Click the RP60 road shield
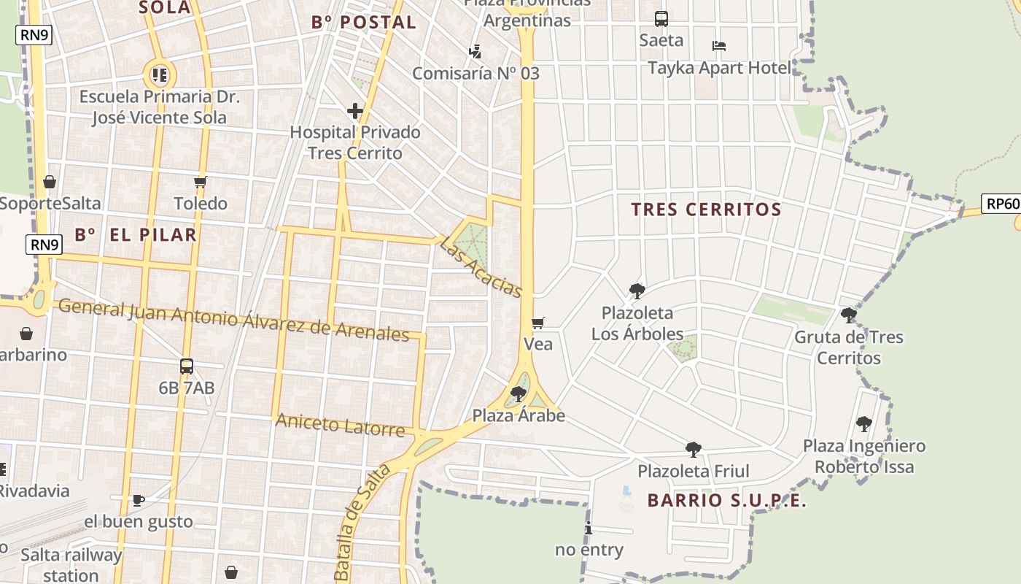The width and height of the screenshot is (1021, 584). pyautogui.click(x=1001, y=204)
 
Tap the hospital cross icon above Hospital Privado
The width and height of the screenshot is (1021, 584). pyautogui.click(x=355, y=111)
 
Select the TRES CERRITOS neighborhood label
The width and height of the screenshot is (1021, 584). pyautogui.click(x=706, y=210)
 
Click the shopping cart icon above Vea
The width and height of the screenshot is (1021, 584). pyautogui.click(x=538, y=323)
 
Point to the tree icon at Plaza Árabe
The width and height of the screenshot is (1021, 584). pyautogui.click(x=519, y=394)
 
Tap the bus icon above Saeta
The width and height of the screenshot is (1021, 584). pyautogui.click(x=661, y=19)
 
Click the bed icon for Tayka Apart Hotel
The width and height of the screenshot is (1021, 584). pyautogui.click(x=719, y=46)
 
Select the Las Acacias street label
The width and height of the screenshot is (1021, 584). pyautogui.click(x=481, y=267)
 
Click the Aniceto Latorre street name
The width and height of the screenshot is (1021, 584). pyautogui.click(x=340, y=425)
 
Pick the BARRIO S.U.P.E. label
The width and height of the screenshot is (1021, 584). pyautogui.click(x=727, y=501)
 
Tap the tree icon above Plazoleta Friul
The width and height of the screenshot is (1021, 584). pyautogui.click(x=694, y=449)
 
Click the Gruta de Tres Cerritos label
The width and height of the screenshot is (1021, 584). pyautogui.click(x=849, y=347)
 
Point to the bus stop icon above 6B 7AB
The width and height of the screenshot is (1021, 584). pyautogui.click(x=187, y=366)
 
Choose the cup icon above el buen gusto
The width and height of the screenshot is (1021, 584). pyautogui.click(x=139, y=500)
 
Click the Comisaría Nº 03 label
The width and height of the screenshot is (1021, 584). pyautogui.click(x=475, y=73)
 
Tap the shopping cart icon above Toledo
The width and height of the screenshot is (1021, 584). pyautogui.click(x=201, y=182)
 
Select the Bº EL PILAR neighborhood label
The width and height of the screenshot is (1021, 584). pyautogui.click(x=136, y=235)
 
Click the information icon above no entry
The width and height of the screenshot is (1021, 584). pyautogui.click(x=589, y=529)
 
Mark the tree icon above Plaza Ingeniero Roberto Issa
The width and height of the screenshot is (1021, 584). pyautogui.click(x=864, y=423)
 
